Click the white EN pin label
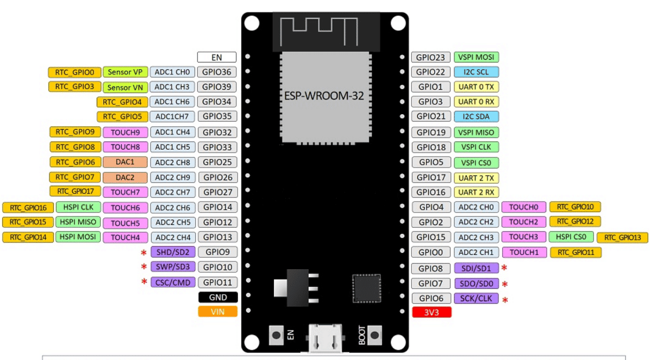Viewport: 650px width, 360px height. pos(217,57)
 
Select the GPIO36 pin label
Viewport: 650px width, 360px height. pos(217,72)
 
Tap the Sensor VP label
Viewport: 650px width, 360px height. pos(125,72)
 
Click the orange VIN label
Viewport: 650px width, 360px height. pos(217,312)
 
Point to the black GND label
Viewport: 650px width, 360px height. pos(217,297)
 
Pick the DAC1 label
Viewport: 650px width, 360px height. pos(124,162)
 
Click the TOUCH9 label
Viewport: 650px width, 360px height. pos(126,132)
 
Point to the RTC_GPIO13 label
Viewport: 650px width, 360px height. pos(622,238)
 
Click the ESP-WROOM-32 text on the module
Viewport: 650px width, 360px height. pos(324,96)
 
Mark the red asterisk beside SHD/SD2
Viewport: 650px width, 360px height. pos(144,253)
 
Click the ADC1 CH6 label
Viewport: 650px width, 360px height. pos(172,102)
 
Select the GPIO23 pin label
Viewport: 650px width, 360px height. pos(430,57)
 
